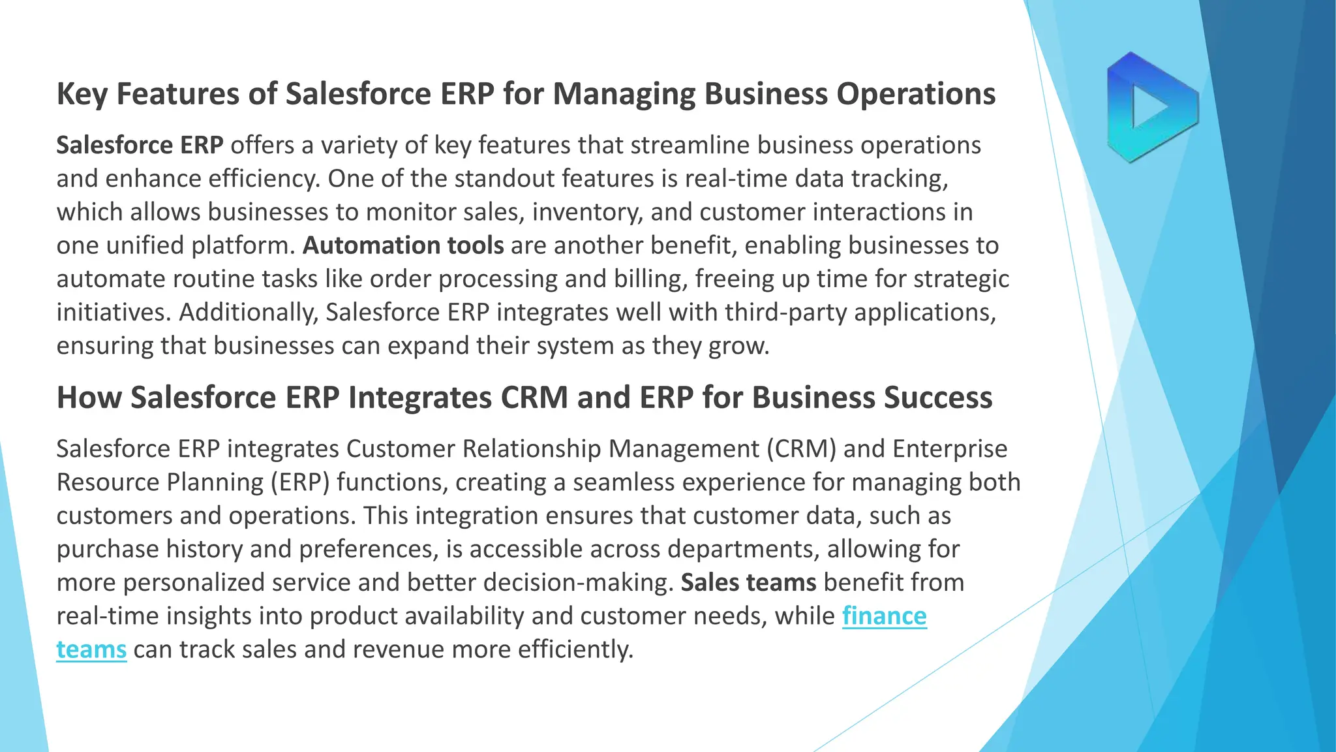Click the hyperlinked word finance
pyautogui.click(x=884, y=616)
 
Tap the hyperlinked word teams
pyautogui.click(x=91, y=650)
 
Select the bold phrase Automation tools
pyautogui.click(x=403, y=245)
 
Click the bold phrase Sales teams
pyautogui.click(x=748, y=582)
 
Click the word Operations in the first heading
pyautogui.click(x=916, y=94)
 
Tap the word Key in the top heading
pyautogui.click(x=82, y=94)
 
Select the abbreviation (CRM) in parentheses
pyautogui.click(x=801, y=449)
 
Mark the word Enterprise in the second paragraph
pyautogui.click(x=950, y=449)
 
